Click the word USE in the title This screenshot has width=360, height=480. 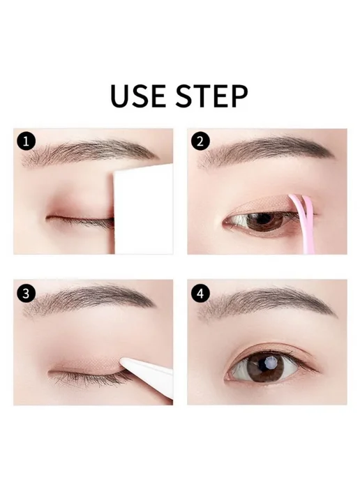point(138,96)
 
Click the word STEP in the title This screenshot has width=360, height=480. point(212,96)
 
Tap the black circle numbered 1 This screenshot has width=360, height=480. point(27,142)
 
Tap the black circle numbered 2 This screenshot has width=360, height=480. point(200,142)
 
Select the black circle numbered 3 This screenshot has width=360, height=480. point(27,293)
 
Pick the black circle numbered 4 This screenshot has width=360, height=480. point(200,293)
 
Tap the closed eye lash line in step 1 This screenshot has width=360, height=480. point(80,219)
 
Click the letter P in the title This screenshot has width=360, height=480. point(239,96)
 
